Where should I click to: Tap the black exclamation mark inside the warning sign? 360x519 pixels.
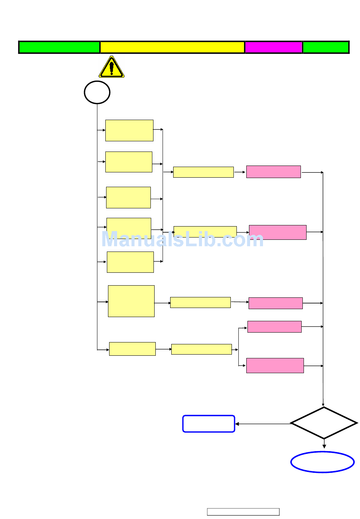point(111,68)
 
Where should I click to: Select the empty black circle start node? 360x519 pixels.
point(97,92)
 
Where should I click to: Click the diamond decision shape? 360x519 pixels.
point(324,423)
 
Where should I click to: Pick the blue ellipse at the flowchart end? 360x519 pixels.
point(322,462)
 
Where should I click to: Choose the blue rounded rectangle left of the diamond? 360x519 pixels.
point(209,424)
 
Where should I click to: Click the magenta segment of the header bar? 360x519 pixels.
point(274,47)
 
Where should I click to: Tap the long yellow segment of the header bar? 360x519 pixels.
point(172,47)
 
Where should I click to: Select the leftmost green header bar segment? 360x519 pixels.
point(59,47)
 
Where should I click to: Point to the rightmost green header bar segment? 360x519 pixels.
point(326,47)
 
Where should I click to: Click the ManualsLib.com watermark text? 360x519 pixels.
point(182,239)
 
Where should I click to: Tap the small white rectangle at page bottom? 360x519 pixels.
point(243,512)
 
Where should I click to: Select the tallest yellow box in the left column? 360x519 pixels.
point(131,301)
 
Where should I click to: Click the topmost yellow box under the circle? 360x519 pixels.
point(129,130)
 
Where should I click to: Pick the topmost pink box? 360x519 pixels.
point(274,172)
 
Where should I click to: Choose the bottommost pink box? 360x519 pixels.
point(275,366)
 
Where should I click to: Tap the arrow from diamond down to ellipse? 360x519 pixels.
point(324,444)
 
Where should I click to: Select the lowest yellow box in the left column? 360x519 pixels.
point(132,349)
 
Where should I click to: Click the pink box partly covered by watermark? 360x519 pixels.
point(278,232)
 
